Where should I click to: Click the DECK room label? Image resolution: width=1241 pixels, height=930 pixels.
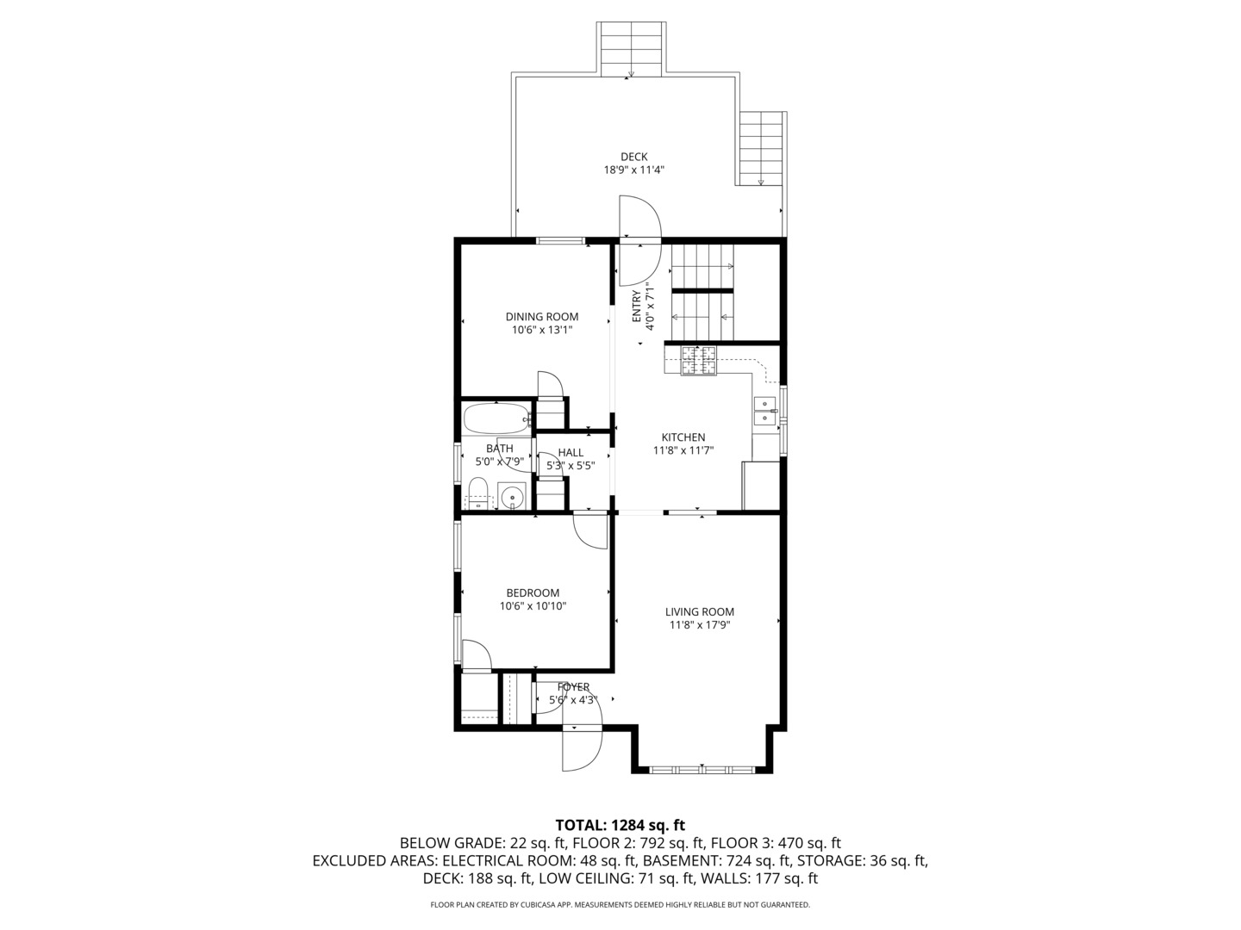[633, 157]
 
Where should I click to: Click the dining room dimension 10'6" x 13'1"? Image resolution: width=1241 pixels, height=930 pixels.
[541, 330]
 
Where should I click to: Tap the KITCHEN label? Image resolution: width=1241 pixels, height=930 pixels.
[683, 437]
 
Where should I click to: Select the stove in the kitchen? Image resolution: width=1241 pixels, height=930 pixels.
[699, 360]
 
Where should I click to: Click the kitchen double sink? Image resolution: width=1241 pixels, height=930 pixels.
[764, 411]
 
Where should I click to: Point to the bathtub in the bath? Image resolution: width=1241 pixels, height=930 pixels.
[496, 420]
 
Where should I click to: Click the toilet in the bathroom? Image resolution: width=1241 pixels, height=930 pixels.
[477, 495]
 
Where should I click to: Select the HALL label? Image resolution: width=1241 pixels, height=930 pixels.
[570, 453]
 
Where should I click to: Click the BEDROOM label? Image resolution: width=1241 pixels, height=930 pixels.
[532, 592]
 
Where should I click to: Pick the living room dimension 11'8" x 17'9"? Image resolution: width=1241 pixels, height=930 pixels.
[699, 625]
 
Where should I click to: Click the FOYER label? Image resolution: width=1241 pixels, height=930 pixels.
[573, 687]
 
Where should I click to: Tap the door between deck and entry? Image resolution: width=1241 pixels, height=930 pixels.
[639, 217]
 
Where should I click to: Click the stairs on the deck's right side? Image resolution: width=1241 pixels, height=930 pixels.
[762, 148]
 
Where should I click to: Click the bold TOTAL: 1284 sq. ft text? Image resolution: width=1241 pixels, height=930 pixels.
[620, 826]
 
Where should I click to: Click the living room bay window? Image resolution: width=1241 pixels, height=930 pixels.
[702, 768]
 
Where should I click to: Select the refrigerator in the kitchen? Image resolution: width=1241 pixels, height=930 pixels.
[760, 486]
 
